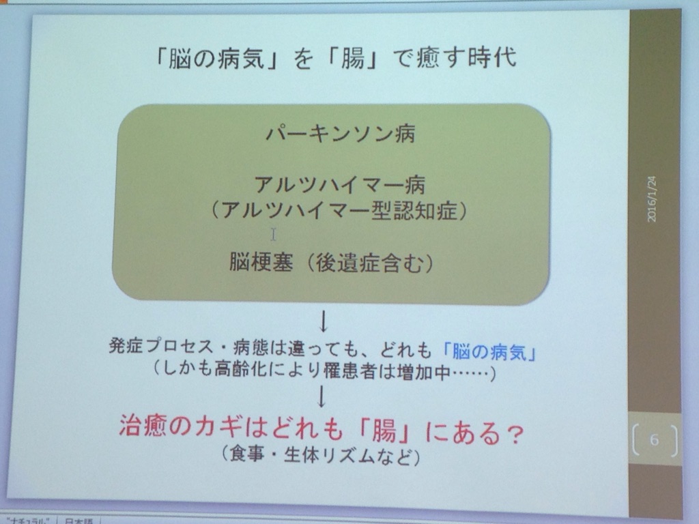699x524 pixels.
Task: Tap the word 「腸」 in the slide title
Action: coord(352,59)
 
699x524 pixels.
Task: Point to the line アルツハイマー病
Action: coord(340,185)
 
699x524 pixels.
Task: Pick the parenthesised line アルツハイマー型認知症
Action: coord(339,210)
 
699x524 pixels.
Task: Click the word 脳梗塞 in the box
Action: coord(261,262)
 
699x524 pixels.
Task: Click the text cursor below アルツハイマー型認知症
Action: coord(273,235)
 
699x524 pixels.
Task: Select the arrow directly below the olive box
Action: coord(324,321)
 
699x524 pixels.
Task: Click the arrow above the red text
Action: coord(322,396)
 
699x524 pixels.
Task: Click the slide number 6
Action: coord(655,440)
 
